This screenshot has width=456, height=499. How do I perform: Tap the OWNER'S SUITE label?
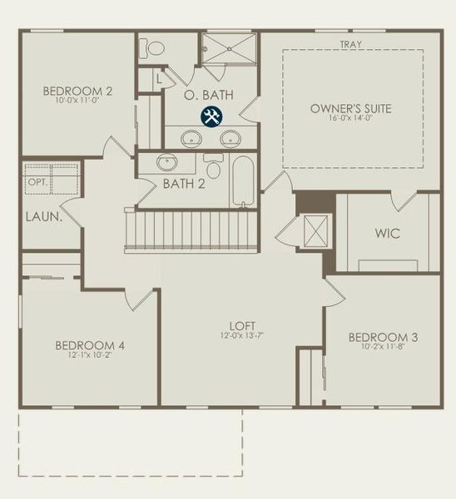point(350,108)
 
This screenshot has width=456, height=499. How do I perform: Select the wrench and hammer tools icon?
point(211,117)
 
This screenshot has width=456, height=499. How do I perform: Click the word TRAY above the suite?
point(350,44)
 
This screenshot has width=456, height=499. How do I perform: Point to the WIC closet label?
point(388,234)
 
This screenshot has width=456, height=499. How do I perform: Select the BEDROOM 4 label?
point(90,345)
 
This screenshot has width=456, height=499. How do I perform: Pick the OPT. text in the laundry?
point(37,180)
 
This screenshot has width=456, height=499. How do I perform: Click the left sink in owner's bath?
point(191,138)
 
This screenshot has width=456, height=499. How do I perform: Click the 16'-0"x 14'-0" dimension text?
point(350,118)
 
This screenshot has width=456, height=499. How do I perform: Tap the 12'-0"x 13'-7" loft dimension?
point(242,336)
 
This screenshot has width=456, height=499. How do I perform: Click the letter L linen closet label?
point(159,80)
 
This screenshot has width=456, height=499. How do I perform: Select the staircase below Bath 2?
point(193,230)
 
